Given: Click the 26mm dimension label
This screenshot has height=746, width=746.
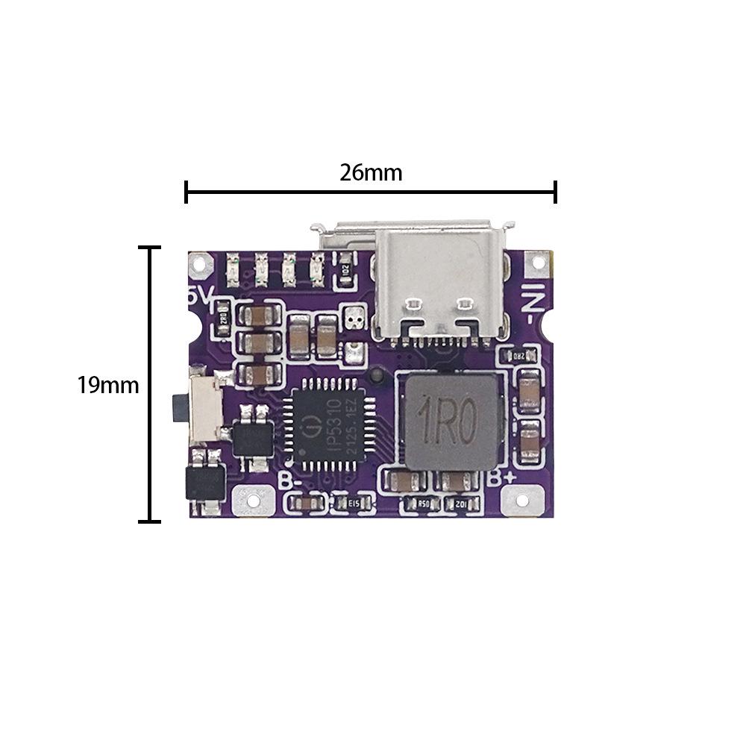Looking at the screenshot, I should point(371,173).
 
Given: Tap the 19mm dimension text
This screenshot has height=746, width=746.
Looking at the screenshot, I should point(108,386).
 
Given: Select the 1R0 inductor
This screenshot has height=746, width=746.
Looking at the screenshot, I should point(450,423).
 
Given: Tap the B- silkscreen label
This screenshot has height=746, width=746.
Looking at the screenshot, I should point(291,480).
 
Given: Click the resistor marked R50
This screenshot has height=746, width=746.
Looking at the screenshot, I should point(424,504).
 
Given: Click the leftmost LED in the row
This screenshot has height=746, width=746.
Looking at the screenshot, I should point(231,270).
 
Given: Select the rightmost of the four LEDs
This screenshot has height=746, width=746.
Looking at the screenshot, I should point(316,270).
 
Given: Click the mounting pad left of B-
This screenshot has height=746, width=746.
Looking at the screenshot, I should point(250,499).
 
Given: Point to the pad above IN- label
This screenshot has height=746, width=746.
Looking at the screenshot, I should point(536,262).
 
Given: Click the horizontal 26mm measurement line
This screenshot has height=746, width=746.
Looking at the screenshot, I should point(371,192).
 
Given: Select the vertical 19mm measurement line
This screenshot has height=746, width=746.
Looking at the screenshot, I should point(151,384).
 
